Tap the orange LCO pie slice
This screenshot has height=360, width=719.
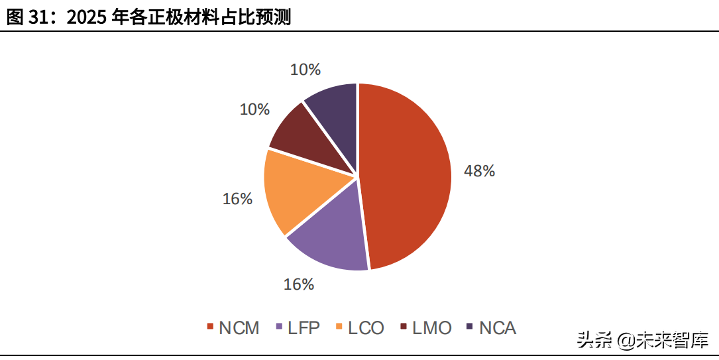(x=294, y=190)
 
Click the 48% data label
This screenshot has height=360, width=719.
(x=479, y=171)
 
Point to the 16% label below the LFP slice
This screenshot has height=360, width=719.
(x=298, y=284)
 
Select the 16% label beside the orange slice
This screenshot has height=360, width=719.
(x=237, y=199)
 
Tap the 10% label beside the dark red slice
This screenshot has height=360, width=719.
(x=254, y=109)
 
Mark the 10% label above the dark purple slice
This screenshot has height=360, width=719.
(x=305, y=70)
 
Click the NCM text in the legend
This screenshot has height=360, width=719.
(x=239, y=328)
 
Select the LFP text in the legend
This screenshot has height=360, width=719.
(x=304, y=328)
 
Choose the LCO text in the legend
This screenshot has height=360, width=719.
(x=366, y=328)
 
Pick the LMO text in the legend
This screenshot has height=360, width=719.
(x=432, y=328)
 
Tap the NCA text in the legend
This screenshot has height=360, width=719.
(x=498, y=328)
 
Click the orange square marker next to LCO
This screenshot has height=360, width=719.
(x=339, y=327)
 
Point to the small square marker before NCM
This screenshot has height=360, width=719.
(x=210, y=327)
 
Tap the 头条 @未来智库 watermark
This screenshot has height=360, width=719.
(x=643, y=340)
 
